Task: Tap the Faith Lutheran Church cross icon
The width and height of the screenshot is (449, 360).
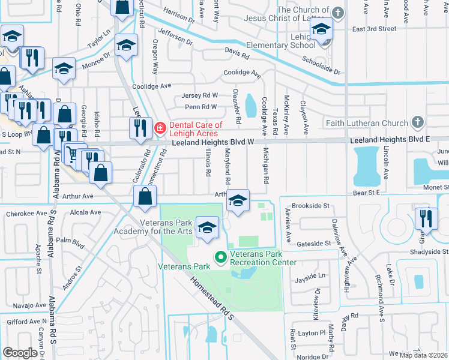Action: point(418,124)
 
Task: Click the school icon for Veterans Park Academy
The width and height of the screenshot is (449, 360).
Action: point(207,228)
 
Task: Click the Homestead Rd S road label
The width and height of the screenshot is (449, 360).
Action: point(211,300)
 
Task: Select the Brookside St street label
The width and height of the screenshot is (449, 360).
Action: point(310,206)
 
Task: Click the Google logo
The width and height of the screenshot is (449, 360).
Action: point(20,353)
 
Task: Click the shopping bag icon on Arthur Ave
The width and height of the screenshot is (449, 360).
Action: point(145,196)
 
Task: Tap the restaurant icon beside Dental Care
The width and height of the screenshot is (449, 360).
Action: point(139,127)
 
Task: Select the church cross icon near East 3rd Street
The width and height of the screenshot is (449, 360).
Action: point(338,12)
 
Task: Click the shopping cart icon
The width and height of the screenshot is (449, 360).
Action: point(73,155)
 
